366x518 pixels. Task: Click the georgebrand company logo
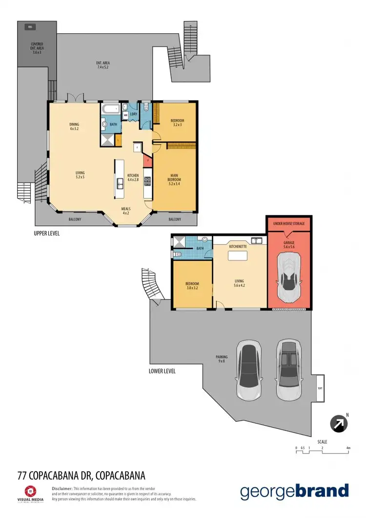[x=294, y=491]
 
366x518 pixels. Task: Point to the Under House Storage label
[x=288, y=224]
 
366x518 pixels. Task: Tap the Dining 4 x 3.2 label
[x=74, y=126]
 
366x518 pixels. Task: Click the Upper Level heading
[x=47, y=233]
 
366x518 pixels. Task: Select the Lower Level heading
[x=162, y=371]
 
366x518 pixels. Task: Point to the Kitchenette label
[x=238, y=247]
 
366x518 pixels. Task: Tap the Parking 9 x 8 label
[x=222, y=359]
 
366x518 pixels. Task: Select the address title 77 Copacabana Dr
[x=81, y=475]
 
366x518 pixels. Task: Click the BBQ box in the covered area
[x=30, y=27]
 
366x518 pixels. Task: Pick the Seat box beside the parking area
[x=320, y=388]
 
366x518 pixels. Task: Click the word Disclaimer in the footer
[x=62, y=488]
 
